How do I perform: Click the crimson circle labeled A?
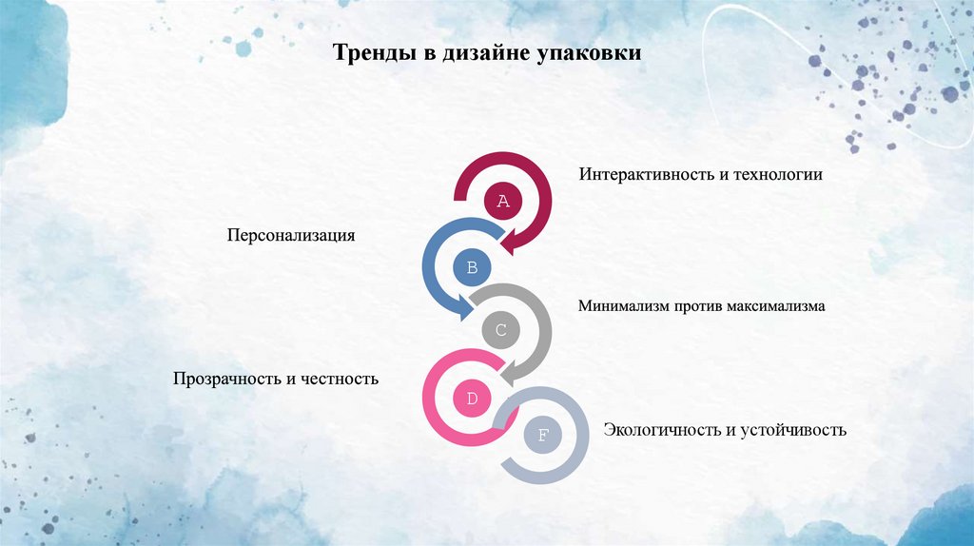(504, 202)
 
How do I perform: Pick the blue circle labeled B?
(472, 266)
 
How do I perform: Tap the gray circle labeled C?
(501, 332)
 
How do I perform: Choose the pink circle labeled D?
(472, 398)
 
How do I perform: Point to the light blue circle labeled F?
(543, 437)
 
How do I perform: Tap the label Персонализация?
(290, 235)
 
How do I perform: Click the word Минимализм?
(625, 306)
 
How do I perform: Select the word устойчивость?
(793, 430)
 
